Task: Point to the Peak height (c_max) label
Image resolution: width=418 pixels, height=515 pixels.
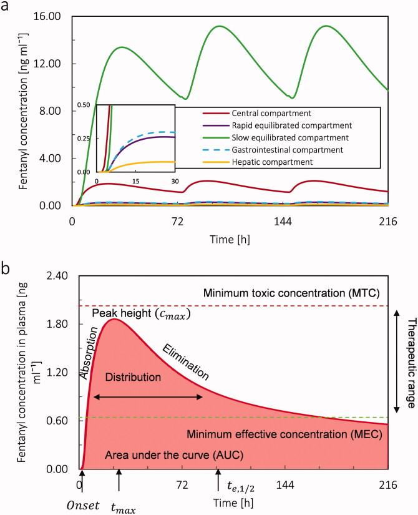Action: coord(141,313)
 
